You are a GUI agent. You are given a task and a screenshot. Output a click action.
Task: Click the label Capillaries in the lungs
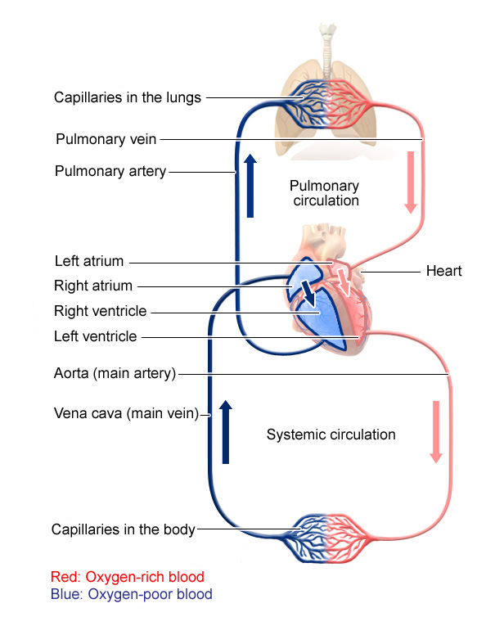(128, 98)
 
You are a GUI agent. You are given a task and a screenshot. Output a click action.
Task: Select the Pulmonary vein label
(106, 139)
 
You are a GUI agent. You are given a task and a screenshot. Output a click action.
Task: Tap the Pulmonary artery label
(110, 172)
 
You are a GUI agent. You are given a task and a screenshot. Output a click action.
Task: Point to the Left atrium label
(89, 262)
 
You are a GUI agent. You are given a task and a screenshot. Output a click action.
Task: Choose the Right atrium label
(93, 286)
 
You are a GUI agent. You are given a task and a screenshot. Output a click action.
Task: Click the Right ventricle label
(101, 311)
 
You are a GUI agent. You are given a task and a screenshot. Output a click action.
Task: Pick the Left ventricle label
(96, 336)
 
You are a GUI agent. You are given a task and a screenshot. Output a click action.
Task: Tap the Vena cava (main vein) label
(127, 414)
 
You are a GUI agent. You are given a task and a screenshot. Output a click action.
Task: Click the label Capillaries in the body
(124, 529)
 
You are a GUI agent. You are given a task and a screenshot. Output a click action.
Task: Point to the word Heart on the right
(444, 271)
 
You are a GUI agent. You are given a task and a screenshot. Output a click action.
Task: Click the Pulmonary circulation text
(326, 192)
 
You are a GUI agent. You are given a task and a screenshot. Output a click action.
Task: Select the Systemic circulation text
(331, 435)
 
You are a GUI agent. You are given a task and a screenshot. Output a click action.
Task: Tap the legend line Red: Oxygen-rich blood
(127, 577)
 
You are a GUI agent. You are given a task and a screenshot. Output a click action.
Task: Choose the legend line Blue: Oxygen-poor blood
(131, 595)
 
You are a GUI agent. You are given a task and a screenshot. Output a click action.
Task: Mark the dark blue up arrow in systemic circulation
(226, 432)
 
